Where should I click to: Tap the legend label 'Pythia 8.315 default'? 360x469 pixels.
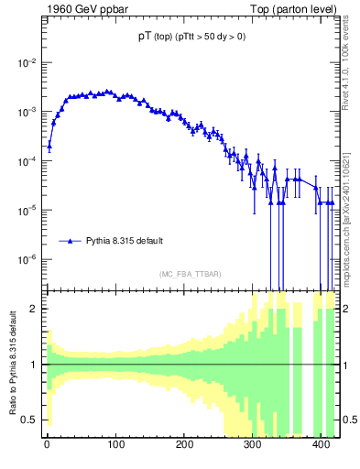click(x=125, y=241)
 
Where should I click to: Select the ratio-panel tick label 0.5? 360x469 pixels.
click(x=30, y=420)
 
